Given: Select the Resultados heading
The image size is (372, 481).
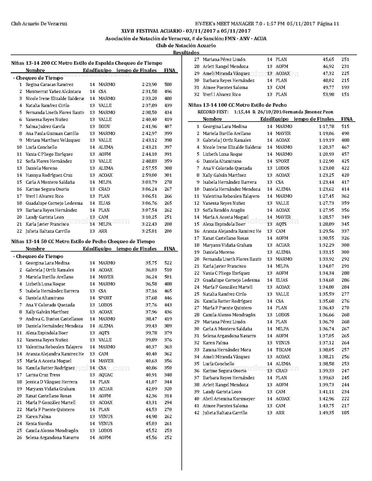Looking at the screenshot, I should pyautogui.click(x=186, y=52).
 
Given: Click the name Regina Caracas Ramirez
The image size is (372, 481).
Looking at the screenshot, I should pyautogui.click(x=49, y=85).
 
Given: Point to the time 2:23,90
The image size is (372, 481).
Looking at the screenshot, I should pyautogui.click(x=149, y=85).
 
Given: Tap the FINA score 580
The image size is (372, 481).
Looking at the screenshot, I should pyautogui.click(x=168, y=85).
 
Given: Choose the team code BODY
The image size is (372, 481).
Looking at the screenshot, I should pyautogui.click(x=104, y=127).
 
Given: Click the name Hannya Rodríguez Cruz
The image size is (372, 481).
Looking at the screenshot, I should pyautogui.click(x=49, y=175).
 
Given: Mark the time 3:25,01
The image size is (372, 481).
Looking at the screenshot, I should pyautogui.click(x=149, y=231).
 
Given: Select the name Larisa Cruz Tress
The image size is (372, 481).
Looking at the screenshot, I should pyautogui.click(x=43, y=375).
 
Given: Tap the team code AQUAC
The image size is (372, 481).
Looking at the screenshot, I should pyautogui.click(x=106, y=375).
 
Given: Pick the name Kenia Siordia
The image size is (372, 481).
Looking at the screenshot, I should pyautogui.click(x=39, y=424).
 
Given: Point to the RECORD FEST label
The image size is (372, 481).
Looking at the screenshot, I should pyautogui.click(x=213, y=112).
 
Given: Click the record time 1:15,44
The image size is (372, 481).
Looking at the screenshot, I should pyautogui.click(x=242, y=112).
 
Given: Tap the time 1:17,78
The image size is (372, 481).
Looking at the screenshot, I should pyautogui.click(x=326, y=127).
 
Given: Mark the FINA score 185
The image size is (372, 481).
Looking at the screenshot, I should pyautogui.click(x=345, y=413).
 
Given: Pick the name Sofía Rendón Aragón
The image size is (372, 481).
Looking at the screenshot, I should pyautogui.click(x=223, y=210).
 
